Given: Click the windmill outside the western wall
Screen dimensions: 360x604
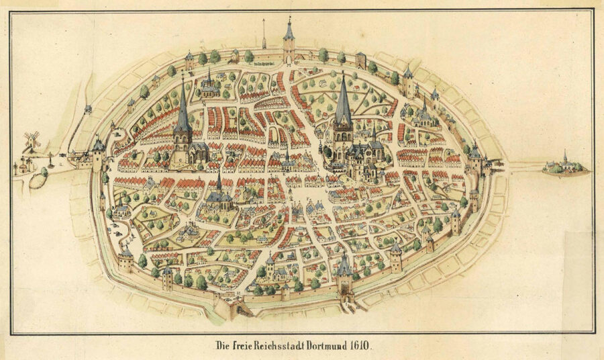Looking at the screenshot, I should click(31, 142).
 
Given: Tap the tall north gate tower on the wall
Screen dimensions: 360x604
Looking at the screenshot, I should click(289, 44).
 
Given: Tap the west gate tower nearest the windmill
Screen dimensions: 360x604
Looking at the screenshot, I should click(99, 155).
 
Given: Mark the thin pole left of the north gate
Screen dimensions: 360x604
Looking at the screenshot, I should click(264, 34).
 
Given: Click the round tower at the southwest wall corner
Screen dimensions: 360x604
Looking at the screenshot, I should click(125, 259).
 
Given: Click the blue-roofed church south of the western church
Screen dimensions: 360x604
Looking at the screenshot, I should click(219, 195).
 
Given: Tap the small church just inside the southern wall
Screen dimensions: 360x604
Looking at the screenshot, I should click(272, 268).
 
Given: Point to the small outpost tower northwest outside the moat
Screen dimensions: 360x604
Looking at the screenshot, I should click(88, 110).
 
